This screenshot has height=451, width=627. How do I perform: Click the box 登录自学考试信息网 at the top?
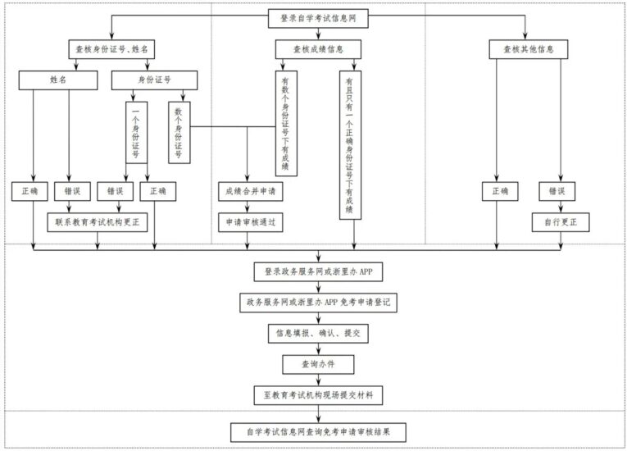click(318, 17)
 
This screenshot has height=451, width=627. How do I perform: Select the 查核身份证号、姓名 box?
click(111, 49)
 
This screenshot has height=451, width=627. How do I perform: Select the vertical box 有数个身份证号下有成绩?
click(285, 122)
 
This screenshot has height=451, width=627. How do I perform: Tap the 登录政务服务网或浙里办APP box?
click(318, 271)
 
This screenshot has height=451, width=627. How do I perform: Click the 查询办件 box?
click(318, 363)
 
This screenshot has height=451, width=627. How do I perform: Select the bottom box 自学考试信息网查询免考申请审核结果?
click(318, 430)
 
